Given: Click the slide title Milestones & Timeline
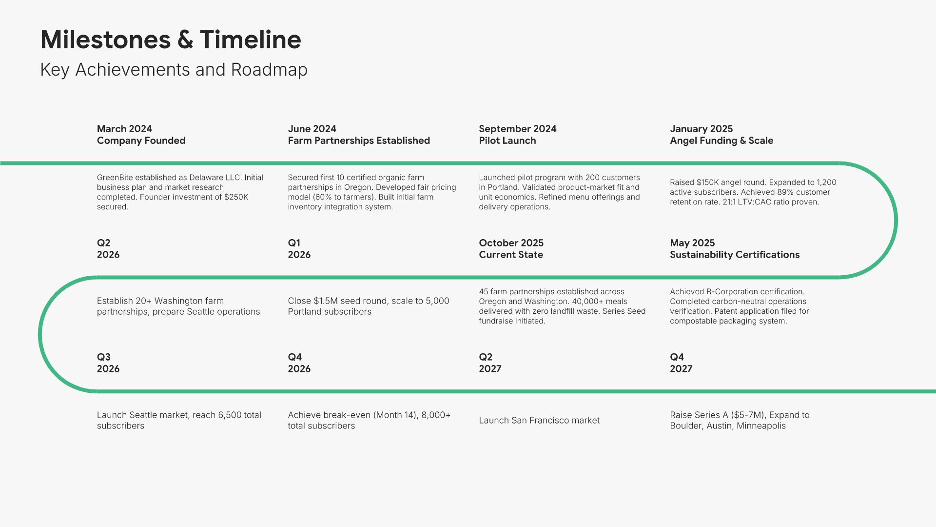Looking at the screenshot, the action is click(x=171, y=40).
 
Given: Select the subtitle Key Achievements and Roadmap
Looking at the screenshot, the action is click(x=174, y=70).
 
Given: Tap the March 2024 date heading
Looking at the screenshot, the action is click(x=124, y=129).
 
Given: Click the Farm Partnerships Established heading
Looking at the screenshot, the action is click(x=359, y=141).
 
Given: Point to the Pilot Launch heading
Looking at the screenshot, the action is click(x=507, y=141).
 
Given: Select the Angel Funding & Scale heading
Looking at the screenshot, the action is click(x=721, y=141).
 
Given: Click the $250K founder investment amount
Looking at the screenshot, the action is click(x=236, y=197).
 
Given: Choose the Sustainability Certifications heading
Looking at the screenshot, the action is click(x=735, y=255).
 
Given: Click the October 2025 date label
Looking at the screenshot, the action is click(x=511, y=243).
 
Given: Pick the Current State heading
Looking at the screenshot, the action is click(x=511, y=255).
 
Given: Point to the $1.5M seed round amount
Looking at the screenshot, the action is click(x=326, y=301).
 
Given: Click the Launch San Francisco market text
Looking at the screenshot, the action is click(x=539, y=421).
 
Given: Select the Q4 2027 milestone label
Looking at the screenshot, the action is click(x=681, y=363).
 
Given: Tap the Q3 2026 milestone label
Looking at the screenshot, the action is click(x=108, y=363).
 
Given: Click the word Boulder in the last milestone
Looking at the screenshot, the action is click(x=685, y=426).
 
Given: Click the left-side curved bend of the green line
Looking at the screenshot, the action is click(x=40, y=334).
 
